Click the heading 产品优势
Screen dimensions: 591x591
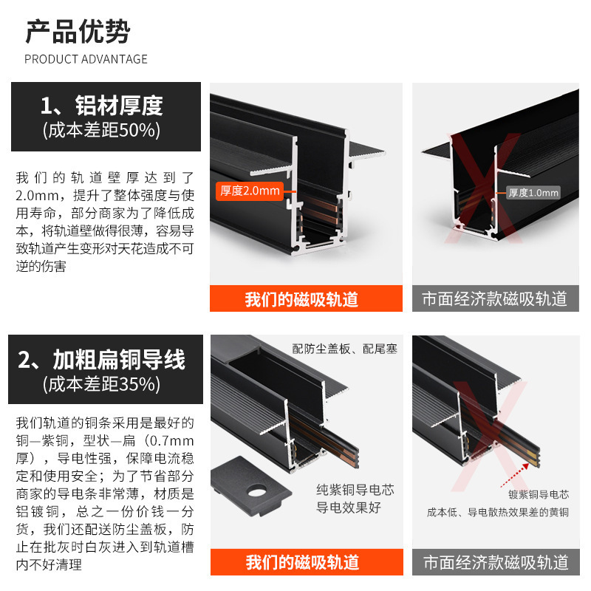pos(78,32)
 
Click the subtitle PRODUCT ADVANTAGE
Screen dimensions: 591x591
pos(86,59)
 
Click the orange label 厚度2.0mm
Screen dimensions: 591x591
pos(249,191)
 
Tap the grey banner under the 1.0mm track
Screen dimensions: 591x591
pos(495,299)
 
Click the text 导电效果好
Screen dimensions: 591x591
pos(349,508)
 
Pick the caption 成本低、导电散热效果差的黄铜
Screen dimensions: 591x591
pos(496,511)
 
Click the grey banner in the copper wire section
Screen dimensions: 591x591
pos(495,562)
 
